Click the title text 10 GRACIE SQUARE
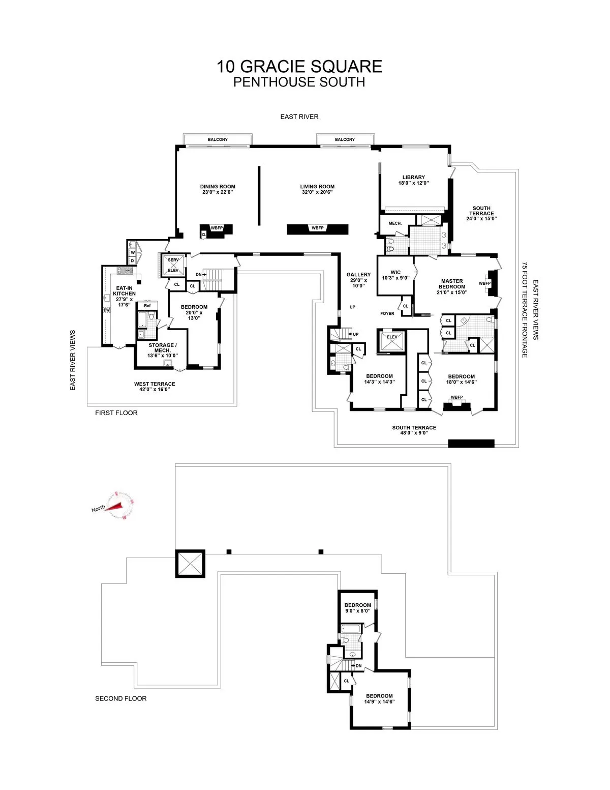(x=299, y=67)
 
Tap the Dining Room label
(x=218, y=187)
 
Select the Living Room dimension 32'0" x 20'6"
(x=317, y=192)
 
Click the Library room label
(x=413, y=178)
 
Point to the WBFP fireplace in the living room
(x=318, y=228)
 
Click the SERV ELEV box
(x=173, y=265)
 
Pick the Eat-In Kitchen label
(x=124, y=291)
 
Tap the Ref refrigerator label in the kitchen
(x=147, y=306)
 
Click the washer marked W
(x=133, y=252)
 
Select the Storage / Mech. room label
(x=162, y=348)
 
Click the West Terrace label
(x=155, y=384)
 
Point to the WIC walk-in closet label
(x=395, y=273)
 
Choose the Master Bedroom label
(x=452, y=284)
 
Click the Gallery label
(x=359, y=275)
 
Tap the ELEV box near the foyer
(x=392, y=337)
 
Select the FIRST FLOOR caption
(x=116, y=413)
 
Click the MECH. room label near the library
(x=395, y=223)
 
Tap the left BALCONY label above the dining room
(x=218, y=139)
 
